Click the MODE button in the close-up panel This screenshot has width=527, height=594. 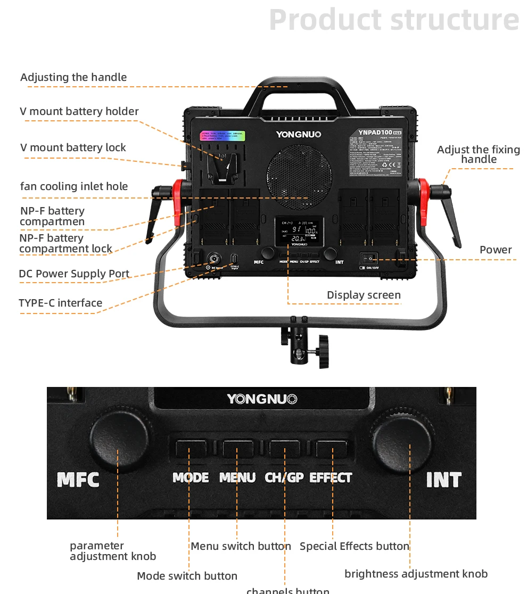(191, 448)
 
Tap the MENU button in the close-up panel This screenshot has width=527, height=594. (238, 448)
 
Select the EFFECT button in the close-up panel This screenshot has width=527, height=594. (331, 448)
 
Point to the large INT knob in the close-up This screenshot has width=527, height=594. (401, 442)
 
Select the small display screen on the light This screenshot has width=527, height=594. (298, 232)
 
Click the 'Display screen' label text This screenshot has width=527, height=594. (364, 295)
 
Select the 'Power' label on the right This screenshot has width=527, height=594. (496, 250)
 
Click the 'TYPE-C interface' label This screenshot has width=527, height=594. (60, 303)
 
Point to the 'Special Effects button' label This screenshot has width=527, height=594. (355, 546)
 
